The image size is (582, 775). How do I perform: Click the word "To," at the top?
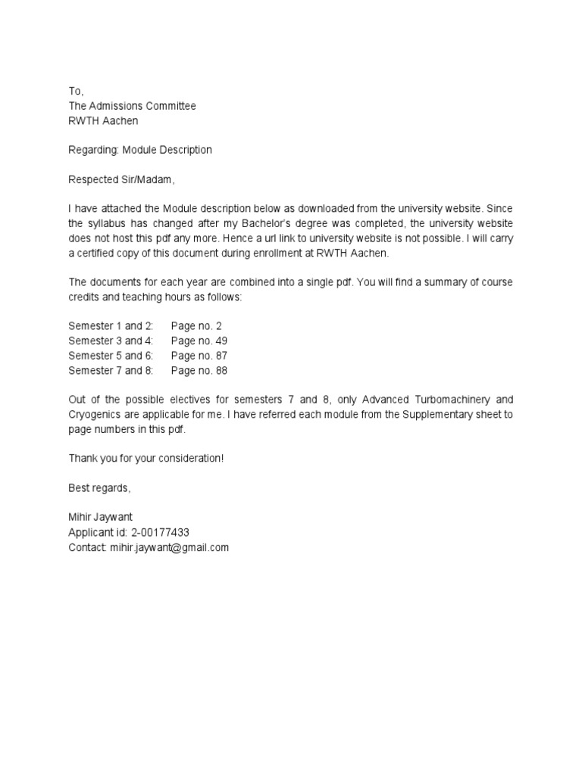point(76,92)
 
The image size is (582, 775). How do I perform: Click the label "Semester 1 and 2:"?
point(111,326)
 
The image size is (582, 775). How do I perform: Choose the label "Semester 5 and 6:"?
point(111,356)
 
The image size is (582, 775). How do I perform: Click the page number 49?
point(221,341)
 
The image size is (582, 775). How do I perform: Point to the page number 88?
point(221,371)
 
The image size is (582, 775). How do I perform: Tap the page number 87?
point(221,356)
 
